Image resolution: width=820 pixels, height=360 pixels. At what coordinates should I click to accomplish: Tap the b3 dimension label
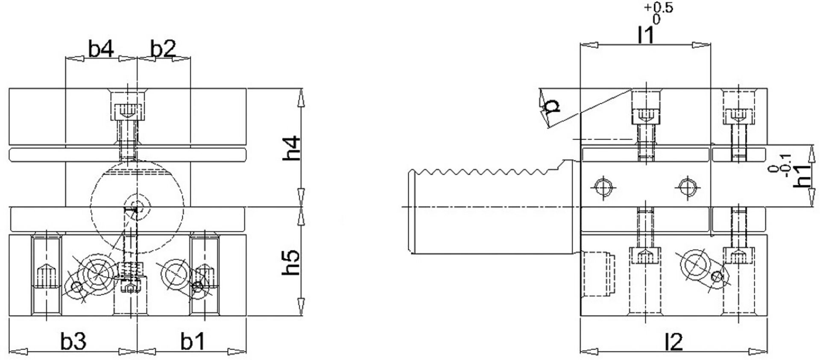click(x=73, y=341)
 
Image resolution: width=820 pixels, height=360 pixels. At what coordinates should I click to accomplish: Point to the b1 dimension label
click(x=193, y=341)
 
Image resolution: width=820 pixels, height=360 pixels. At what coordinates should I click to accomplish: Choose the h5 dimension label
click(x=292, y=263)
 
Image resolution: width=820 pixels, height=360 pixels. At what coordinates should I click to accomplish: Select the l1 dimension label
click(x=645, y=35)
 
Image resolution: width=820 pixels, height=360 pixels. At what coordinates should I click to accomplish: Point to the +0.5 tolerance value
click(x=658, y=8)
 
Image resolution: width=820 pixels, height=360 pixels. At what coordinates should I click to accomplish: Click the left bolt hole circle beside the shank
click(x=603, y=187)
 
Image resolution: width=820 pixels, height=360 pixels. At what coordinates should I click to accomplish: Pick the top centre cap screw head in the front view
click(x=128, y=111)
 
